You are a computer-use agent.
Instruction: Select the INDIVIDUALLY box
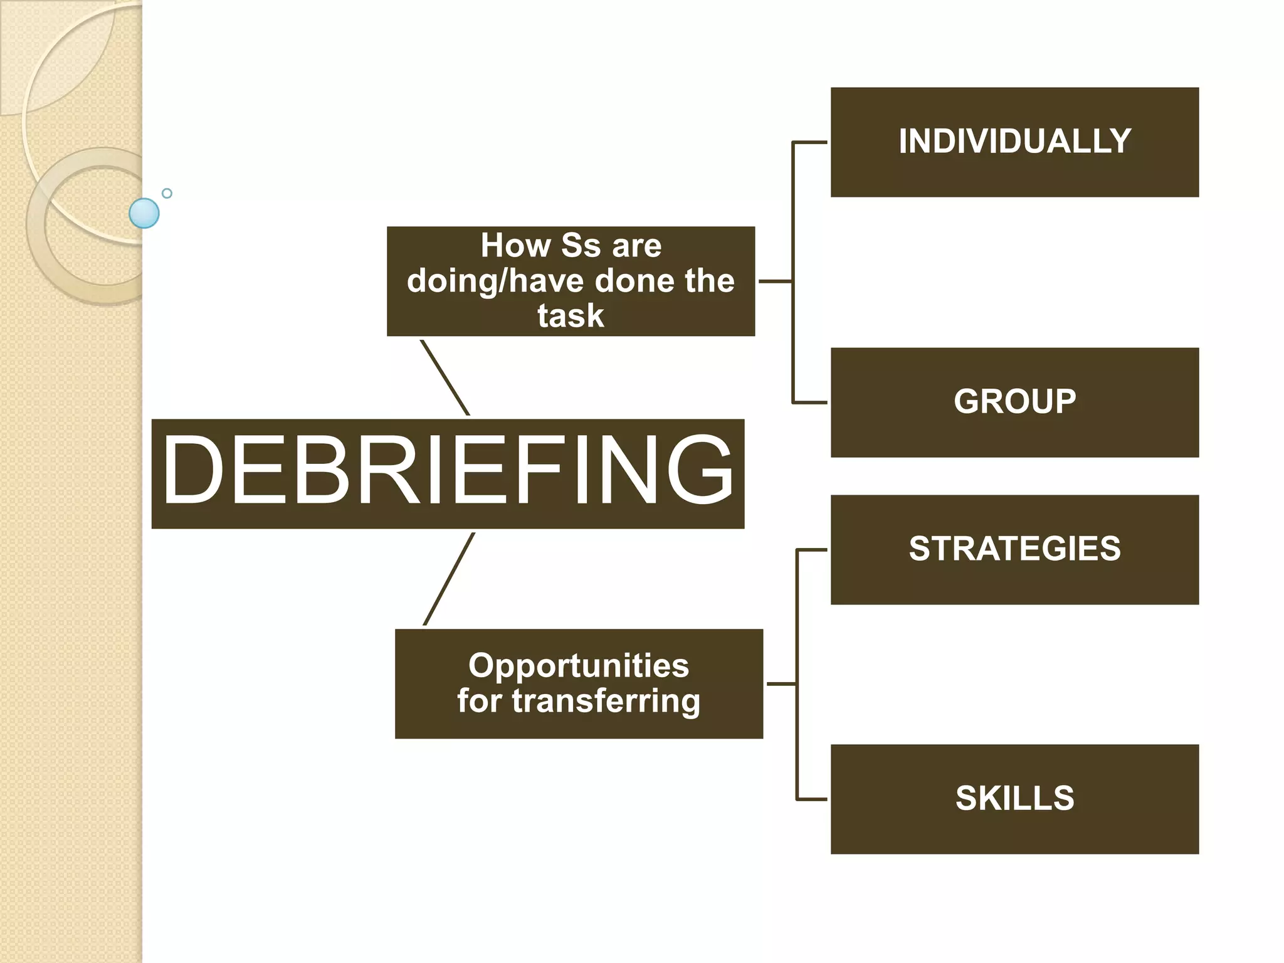click(x=1014, y=142)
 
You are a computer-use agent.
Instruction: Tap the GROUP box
click(x=1014, y=402)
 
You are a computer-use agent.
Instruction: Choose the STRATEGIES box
click(x=1014, y=549)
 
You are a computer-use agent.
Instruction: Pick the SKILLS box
click(x=1014, y=799)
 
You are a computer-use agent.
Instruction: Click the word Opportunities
click(x=578, y=666)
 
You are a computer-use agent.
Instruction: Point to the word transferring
click(x=606, y=701)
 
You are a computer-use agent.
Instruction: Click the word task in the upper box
click(x=571, y=315)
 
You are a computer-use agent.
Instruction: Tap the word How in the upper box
click(x=515, y=245)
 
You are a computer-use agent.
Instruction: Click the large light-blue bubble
click(x=144, y=213)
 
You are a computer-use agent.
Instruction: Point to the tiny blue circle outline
click(x=167, y=193)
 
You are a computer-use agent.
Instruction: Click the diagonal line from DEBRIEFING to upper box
click(x=445, y=377)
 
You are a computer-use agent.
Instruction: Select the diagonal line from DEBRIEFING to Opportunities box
click(x=449, y=579)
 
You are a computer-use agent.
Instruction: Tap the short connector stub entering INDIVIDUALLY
click(x=810, y=142)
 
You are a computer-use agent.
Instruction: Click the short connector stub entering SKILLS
click(x=812, y=799)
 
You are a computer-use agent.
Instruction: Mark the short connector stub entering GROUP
click(x=810, y=403)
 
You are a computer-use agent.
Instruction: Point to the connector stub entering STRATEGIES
click(x=812, y=550)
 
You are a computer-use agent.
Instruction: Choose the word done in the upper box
click(x=634, y=281)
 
